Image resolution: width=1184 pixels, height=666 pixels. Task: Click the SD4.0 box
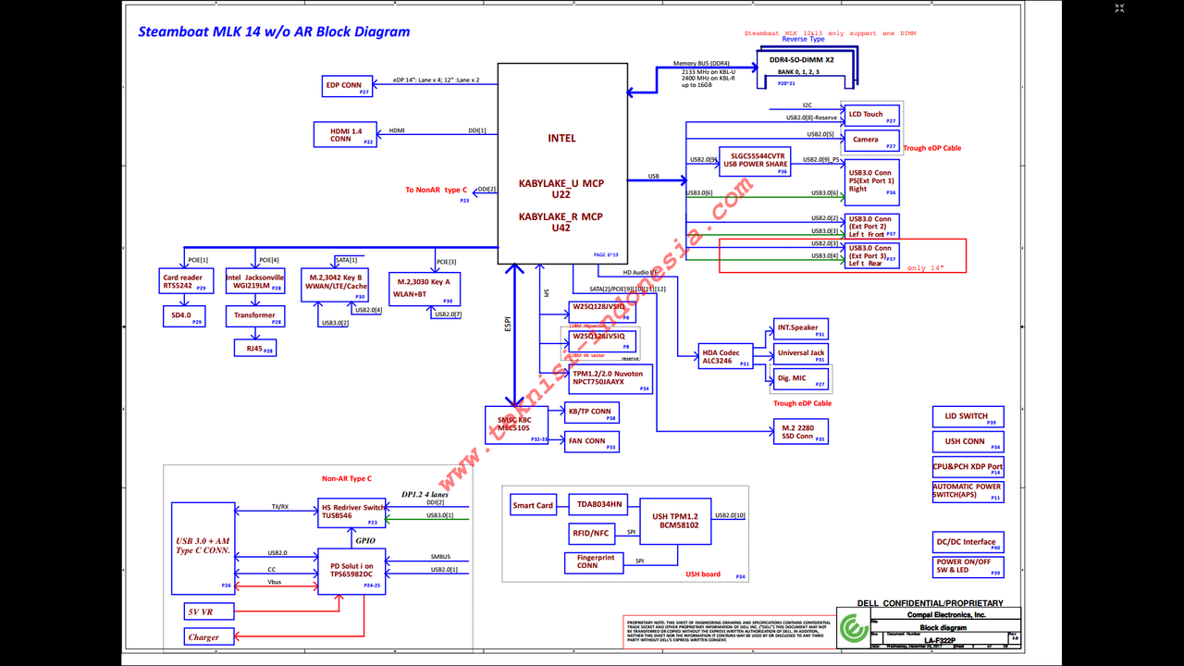pyautogui.click(x=182, y=316)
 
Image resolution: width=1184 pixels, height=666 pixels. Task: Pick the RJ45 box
pyautogui.click(x=254, y=348)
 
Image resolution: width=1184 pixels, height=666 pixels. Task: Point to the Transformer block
pyautogui.click(x=254, y=315)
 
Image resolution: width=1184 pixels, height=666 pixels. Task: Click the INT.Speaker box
pyautogui.click(x=800, y=329)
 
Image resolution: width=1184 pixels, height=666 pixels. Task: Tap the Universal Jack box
pyautogui.click(x=800, y=353)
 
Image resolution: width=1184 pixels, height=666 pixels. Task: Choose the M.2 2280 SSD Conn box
pyautogui.click(x=800, y=432)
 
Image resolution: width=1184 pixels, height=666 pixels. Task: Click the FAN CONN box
pyautogui.click(x=591, y=442)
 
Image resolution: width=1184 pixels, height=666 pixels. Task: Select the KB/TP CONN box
pyautogui.click(x=591, y=413)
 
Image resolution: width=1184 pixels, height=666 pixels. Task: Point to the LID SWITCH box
pyautogui.click(x=968, y=417)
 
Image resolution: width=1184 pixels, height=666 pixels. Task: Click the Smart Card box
pyautogui.click(x=533, y=505)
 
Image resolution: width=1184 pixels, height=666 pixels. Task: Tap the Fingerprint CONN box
pyautogui.click(x=594, y=562)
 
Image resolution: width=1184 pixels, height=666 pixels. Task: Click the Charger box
pyautogui.click(x=210, y=636)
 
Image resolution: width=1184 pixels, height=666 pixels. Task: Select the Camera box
pyautogui.click(x=871, y=141)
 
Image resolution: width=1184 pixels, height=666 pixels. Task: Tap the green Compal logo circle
pyautogui.click(x=851, y=633)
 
